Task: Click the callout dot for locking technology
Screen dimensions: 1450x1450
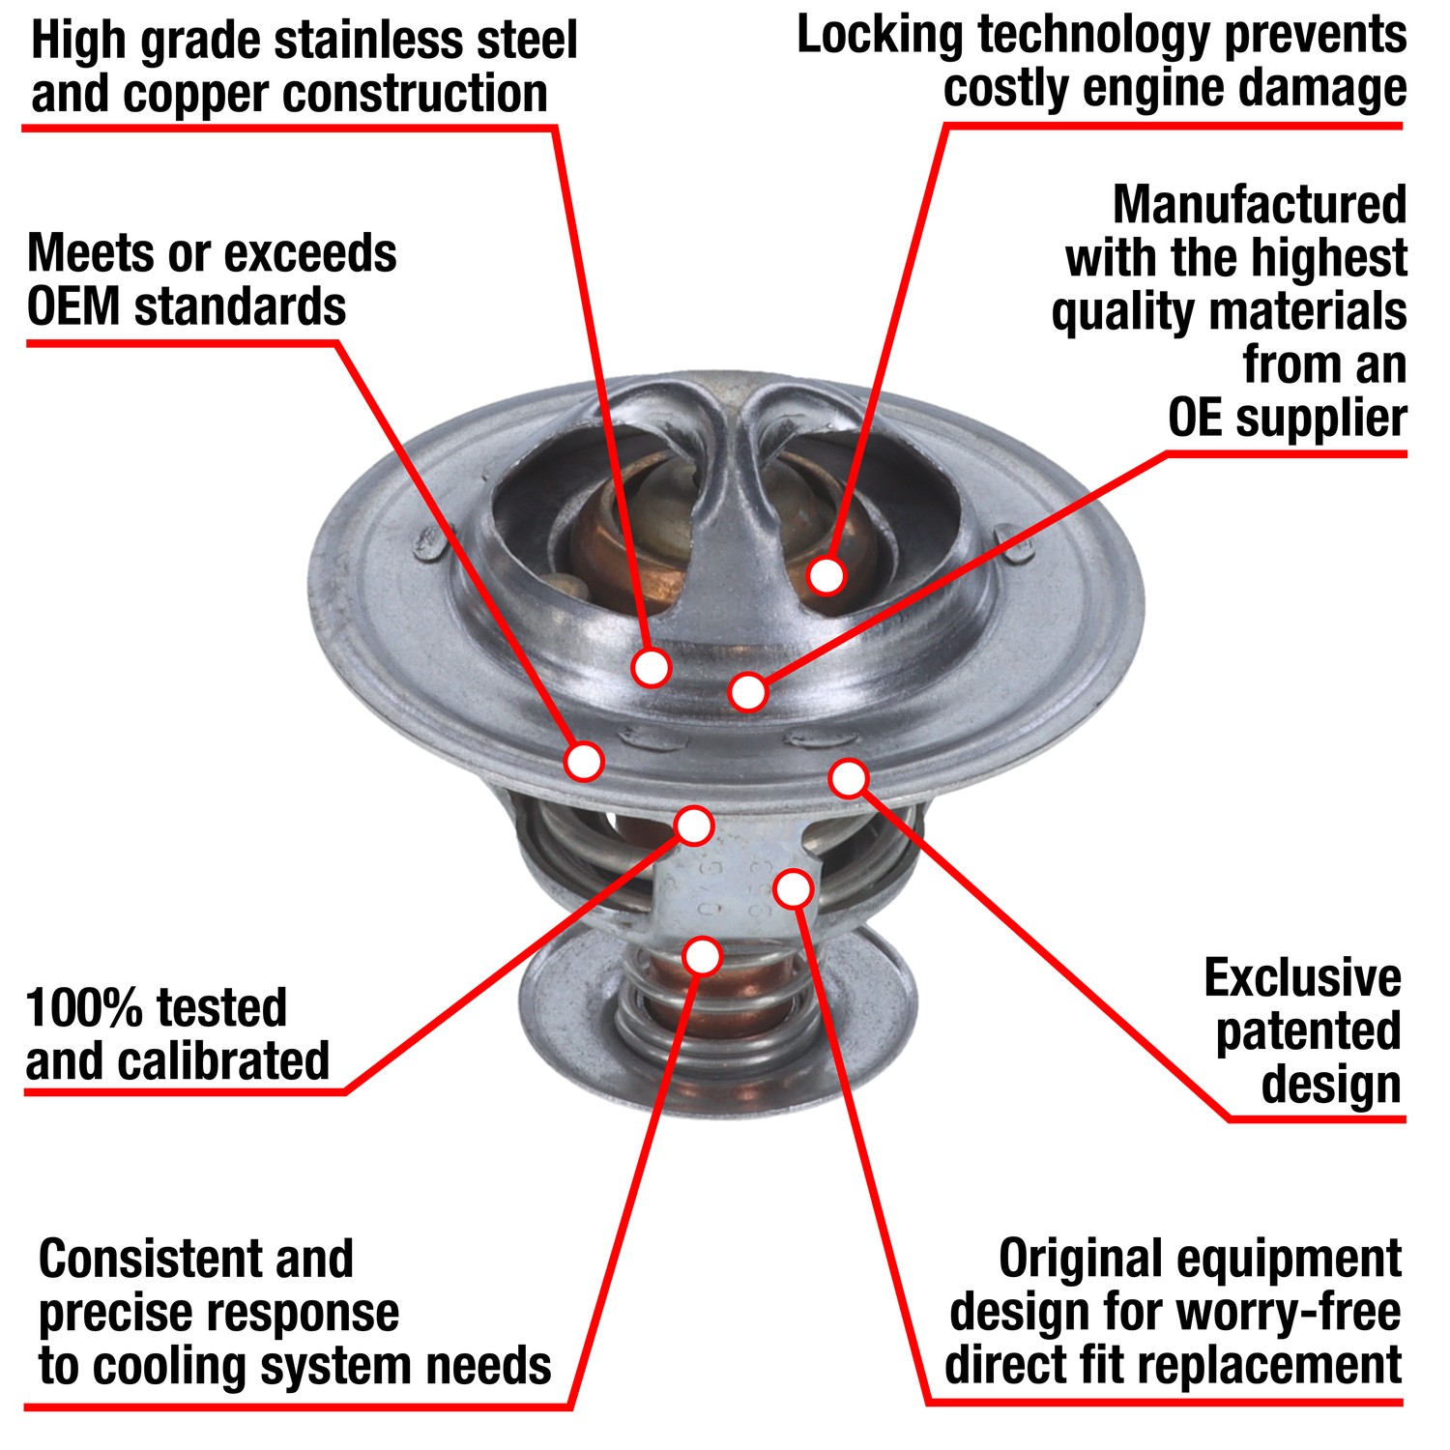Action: [826, 575]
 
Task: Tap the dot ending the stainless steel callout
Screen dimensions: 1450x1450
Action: [652, 666]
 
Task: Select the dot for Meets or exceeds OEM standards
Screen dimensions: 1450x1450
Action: [584, 761]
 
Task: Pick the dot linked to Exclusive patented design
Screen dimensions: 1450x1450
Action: [849, 778]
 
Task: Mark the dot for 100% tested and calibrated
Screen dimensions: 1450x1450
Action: [694, 826]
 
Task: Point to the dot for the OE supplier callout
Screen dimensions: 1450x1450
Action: [748, 691]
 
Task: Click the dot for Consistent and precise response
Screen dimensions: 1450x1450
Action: [703, 956]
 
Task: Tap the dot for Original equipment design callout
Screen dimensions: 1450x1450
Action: [793, 888]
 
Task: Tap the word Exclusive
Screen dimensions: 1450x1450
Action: [1302, 978]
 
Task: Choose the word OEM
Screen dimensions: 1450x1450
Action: [73, 307]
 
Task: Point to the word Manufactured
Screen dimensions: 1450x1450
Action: [1259, 205]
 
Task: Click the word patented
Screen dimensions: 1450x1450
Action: [1307, 1031]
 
